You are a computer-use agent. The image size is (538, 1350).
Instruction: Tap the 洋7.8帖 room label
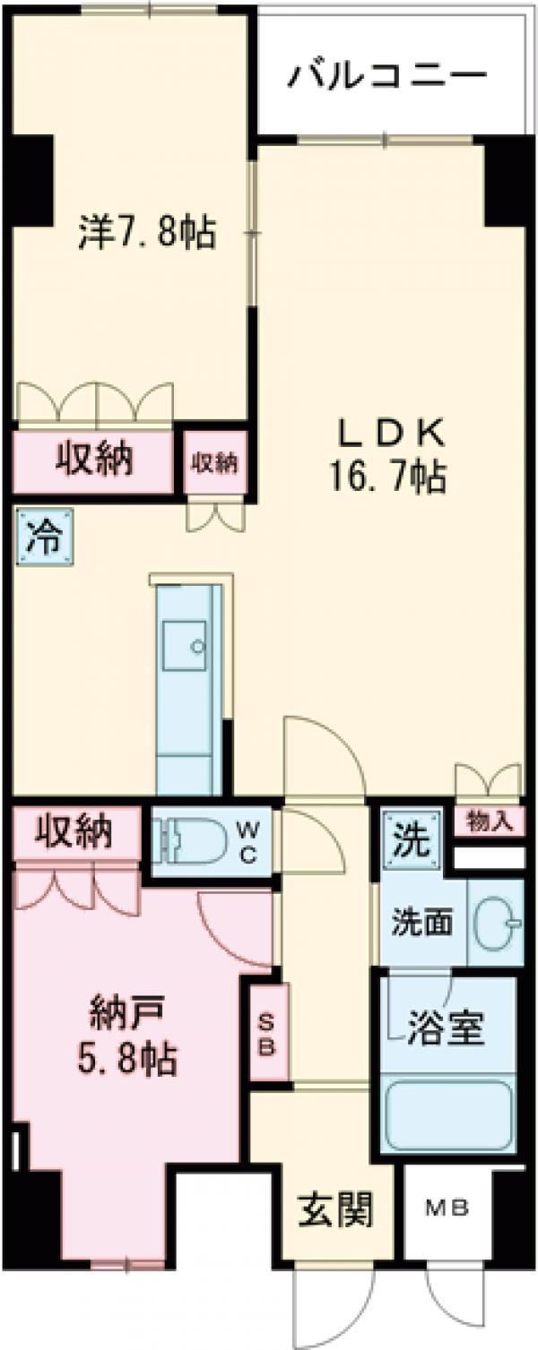146,233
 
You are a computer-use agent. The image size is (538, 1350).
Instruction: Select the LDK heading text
391,434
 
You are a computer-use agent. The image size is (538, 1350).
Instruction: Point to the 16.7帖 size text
391,479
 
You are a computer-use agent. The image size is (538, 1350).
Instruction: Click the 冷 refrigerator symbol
43,537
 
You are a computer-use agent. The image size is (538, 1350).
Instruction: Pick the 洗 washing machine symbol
410,841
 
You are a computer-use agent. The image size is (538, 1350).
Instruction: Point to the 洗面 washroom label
421,922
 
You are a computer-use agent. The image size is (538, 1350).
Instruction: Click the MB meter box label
447,1208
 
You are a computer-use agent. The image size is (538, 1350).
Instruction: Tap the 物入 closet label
490,821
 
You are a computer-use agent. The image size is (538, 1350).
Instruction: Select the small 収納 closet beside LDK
214,462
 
